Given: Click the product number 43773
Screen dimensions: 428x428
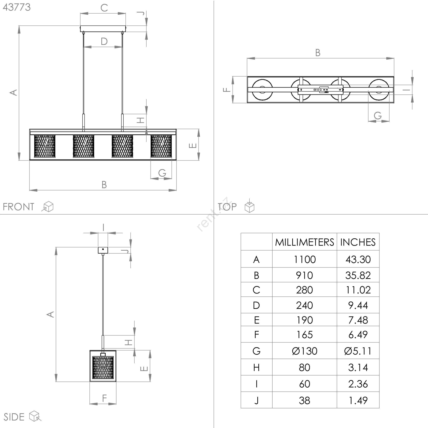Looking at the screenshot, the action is coord(17,7).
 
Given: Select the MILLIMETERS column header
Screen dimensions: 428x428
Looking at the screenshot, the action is coord(304,242).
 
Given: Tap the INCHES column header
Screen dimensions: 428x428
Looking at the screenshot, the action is coord(358,242).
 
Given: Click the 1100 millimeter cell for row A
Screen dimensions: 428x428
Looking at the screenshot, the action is coord(305,259).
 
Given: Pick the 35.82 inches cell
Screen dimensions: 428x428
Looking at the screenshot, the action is coord(358,275).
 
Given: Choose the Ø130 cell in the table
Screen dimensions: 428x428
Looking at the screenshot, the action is coord(305,351).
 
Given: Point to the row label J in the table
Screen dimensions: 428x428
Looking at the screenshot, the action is coord(256,400).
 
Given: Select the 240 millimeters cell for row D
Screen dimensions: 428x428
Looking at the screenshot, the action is coord(305,305).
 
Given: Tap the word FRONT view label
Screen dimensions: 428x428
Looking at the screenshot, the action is coord(18,207).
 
